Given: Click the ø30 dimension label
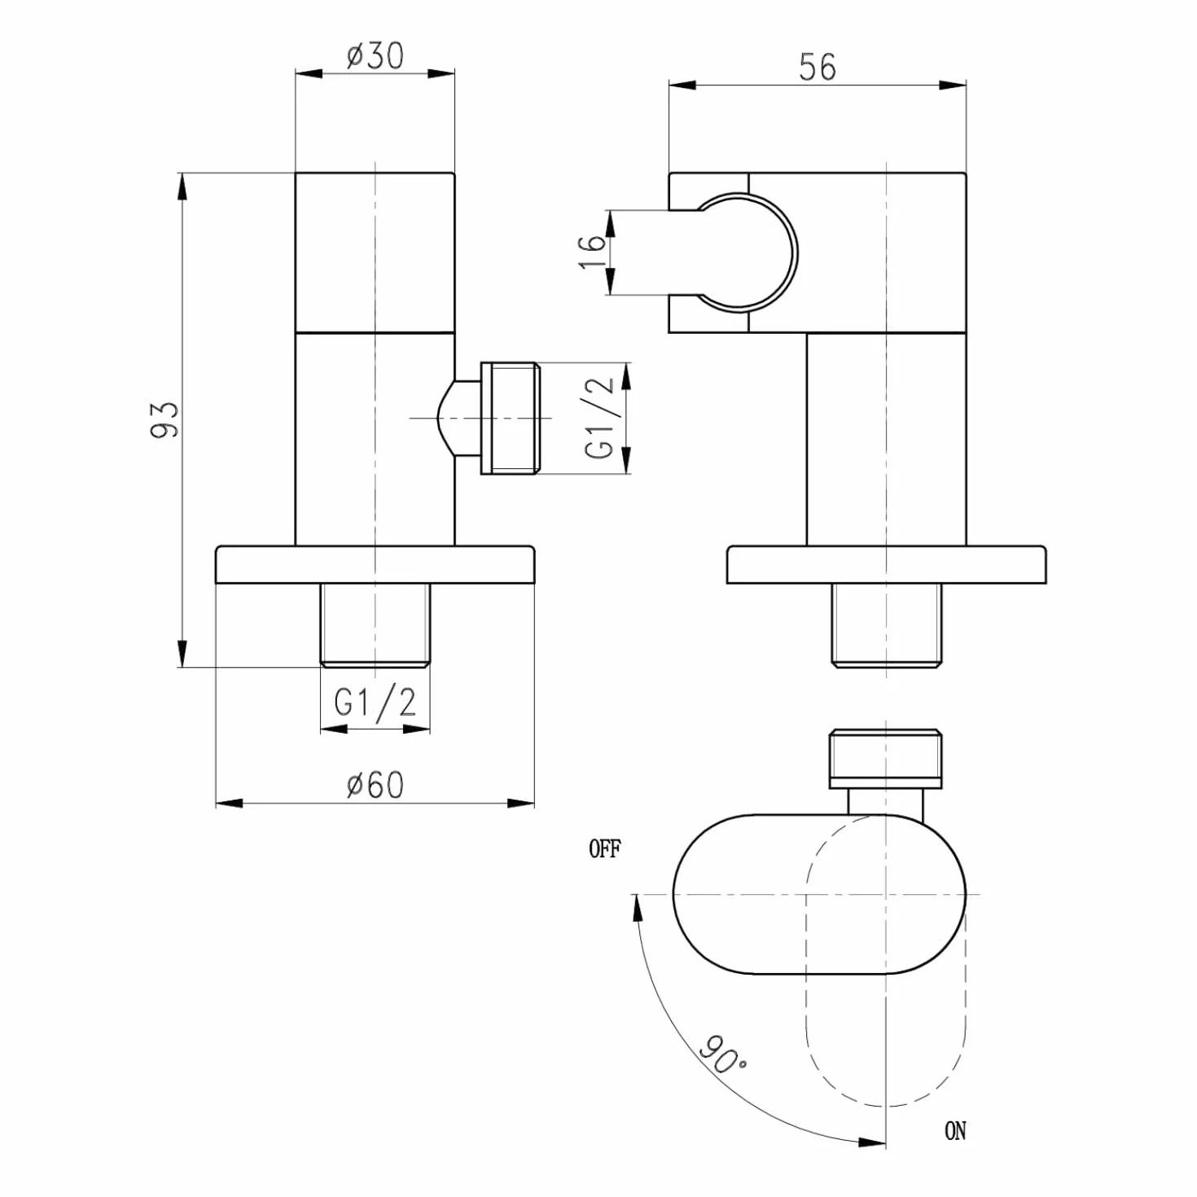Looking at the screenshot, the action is pyautogui.click(x=375, y=56).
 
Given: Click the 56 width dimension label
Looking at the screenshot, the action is pyautogui.click(x=818, y=67).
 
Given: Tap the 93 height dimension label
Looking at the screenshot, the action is pyautogui.click(x=164, y=420).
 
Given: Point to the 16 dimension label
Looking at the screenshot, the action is pyautogui.click(x=592, y=251).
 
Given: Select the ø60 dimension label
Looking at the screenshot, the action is pyautogui.click(x=375, y=785).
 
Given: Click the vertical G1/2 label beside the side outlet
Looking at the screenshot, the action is pyautogui.click(x=600, y=418).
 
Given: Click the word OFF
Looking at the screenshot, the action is pyautogui.click(x=604, y=849).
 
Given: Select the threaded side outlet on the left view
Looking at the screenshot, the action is pyautogui.click(x=508, y=419).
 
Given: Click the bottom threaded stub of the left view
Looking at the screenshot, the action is pyautogui.click(x=375, y=625).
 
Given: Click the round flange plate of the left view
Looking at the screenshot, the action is pyautogui.click(x=375, y=564).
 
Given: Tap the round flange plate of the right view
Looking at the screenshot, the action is pyautogui.click(x=887, y=564).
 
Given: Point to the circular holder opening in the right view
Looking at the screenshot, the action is pyautogui.click(x=794, y=252).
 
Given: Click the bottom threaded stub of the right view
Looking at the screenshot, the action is pyautogui.click(x=887, y=625).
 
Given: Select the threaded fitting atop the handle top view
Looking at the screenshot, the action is pyautogui.click(x=886, y=759).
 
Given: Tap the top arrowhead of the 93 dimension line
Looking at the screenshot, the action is pyautogui.click(x=182, y=186).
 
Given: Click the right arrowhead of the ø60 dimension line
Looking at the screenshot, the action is pyautogui.click(x=521, y=803).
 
